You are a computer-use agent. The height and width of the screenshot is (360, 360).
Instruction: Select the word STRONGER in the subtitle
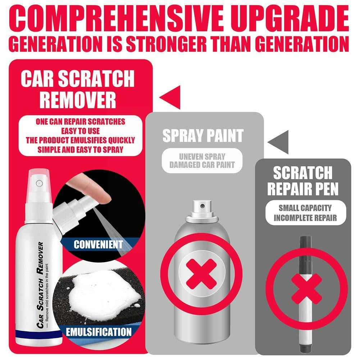point(167,44)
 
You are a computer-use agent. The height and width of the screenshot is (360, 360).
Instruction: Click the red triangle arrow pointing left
point(170,97)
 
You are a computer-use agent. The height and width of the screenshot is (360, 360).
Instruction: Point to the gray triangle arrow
point(278,142)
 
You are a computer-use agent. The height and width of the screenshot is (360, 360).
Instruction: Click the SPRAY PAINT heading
point(203,136)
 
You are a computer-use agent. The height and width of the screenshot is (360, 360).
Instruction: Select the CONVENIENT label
point(98,244)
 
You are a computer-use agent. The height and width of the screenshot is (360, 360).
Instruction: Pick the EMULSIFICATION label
point(99,332)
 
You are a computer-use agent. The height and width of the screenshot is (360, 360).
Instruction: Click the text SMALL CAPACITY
point(305,208)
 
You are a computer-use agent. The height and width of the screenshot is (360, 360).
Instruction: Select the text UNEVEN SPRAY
point(202,157)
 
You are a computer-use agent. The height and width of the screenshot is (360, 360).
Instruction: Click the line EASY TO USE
point(80,131)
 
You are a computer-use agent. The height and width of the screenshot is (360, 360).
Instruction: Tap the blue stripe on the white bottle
point(39,332)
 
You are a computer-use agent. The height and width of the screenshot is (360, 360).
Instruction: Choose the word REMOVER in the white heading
point(78,100)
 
